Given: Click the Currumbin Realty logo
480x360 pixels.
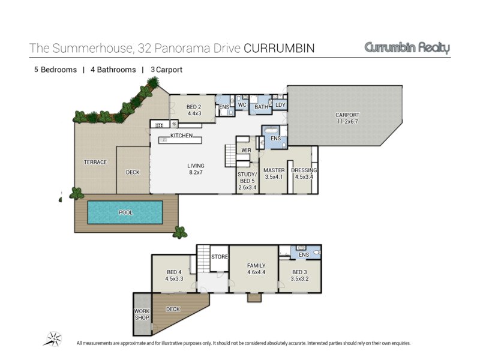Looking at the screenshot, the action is click(x=407, y=48).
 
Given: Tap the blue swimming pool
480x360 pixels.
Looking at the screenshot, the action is click(x=125, y=212).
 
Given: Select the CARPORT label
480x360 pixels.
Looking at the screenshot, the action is click(x=347, y=115).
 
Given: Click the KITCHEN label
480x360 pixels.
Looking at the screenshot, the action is click(x=182, y=136).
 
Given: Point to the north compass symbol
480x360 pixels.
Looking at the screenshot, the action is click(x=54, y=338).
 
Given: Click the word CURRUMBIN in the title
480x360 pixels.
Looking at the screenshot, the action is click(x=279, y=49).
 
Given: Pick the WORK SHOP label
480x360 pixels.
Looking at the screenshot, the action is click(x=142, y=314).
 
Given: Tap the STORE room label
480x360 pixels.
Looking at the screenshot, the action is click(x=220, y=257).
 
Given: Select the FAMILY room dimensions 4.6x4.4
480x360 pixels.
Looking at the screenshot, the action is click(x=256, y=272).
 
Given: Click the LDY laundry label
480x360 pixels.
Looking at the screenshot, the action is click(x=280, y=104).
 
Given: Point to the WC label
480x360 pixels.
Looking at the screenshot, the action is click(x=242, y=104).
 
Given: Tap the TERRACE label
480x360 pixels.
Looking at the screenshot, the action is click(x=95, y=162).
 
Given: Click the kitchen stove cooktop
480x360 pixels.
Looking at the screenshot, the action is click(x=159, y=125).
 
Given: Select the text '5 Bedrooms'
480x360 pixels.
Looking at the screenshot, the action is click(x=55, y=70).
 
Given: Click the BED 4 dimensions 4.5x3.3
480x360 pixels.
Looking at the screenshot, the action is click(x=174, y=278).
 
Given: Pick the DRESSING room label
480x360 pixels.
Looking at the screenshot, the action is click(x=304, y=170).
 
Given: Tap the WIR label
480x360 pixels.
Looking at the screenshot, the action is click(x=246, y=151).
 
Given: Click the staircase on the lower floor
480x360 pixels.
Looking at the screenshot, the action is click(x=203, y=258).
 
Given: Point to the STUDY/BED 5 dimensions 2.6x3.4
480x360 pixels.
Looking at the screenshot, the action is click(x=247, y=187).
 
